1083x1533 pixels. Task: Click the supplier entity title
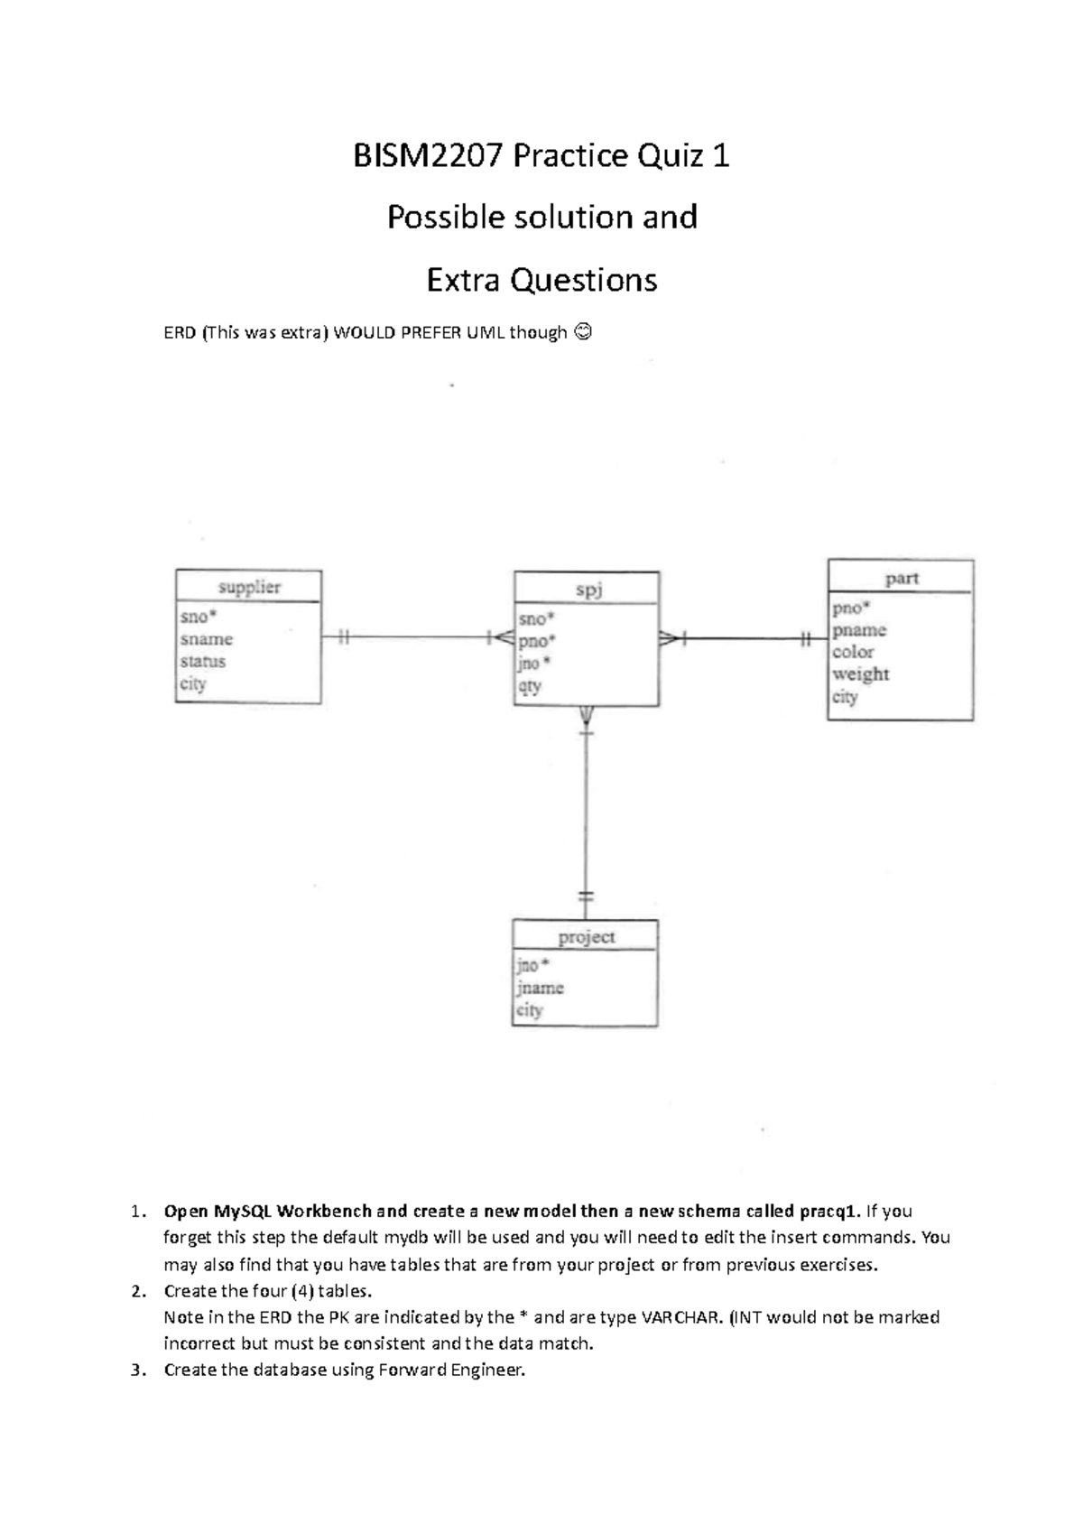(249, 587)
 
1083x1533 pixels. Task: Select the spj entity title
(588, 590)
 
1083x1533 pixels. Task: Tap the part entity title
(902, 579)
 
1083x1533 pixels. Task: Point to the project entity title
(586, 937)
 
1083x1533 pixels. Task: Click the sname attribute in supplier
(207, 639)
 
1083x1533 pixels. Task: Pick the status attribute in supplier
(203, 661)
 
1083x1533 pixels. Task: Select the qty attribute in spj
(530, 686)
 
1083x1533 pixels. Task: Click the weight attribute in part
(860, 674)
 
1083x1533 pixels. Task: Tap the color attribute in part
(853, 652)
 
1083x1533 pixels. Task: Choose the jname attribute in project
(541, 988)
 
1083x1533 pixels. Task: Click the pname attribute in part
(859, 630)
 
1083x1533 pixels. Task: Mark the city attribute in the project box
(530, 1010)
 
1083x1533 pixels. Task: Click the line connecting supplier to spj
(415, 637)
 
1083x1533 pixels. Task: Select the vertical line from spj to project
(586, 813)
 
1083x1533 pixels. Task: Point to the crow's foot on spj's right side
(671, 639)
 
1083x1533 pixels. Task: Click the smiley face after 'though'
(583, 333)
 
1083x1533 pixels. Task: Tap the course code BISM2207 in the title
(428, 156)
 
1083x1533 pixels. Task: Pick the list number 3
(137, 1370)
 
